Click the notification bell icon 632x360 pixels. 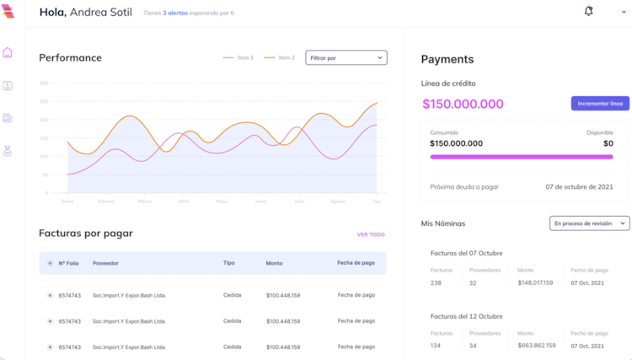pos(588,11)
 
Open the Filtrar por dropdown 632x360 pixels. pos(345,57)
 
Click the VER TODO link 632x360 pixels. pos(371,234)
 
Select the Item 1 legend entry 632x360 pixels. pos(238,57)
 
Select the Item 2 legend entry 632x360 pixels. pos(280,57)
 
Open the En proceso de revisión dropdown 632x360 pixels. pos(590,223)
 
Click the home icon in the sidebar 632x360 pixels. pos(8,52)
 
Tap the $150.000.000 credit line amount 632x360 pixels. pos(463,104)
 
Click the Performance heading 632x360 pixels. pos(70,57)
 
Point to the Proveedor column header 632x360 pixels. pos(105,263)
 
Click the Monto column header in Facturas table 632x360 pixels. pos(274,263)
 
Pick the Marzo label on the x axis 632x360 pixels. pos(145,201)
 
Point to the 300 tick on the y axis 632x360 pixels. pos(44,83)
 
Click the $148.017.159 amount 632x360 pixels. pos(535,282)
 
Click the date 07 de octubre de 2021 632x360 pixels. pos(579,186)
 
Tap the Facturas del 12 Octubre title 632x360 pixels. pos(466,316)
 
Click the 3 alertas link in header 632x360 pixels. pos(175,13)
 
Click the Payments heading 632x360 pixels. pos(447,59)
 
